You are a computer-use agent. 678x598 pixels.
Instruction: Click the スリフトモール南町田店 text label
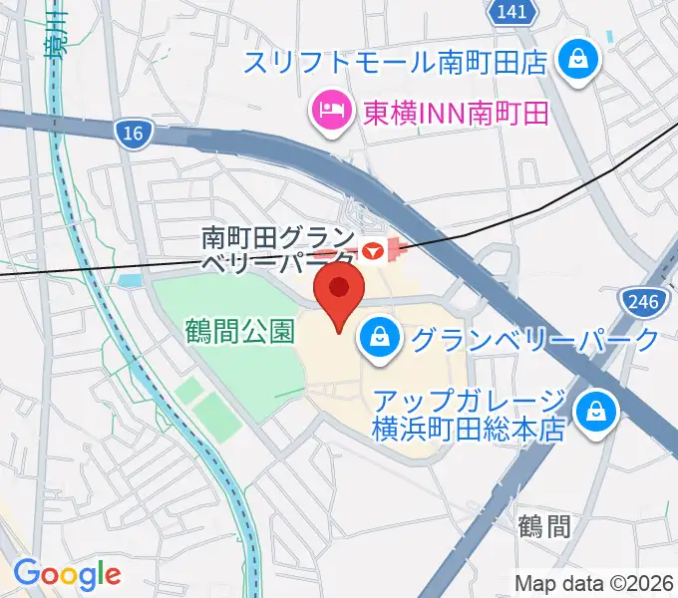point(396,63)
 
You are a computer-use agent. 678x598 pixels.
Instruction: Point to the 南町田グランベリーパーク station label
point(276,250)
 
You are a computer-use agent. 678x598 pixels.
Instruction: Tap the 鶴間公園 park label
point(239,330)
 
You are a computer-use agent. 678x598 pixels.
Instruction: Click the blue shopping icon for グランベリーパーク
point(380,340)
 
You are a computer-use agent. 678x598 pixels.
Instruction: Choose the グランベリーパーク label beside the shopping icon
point(534,340)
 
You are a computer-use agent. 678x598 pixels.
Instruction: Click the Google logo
point(67,574)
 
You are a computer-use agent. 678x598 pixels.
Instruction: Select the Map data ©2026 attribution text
point(596,583)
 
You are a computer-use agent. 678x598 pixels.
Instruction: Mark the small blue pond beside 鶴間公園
point(130,281)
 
